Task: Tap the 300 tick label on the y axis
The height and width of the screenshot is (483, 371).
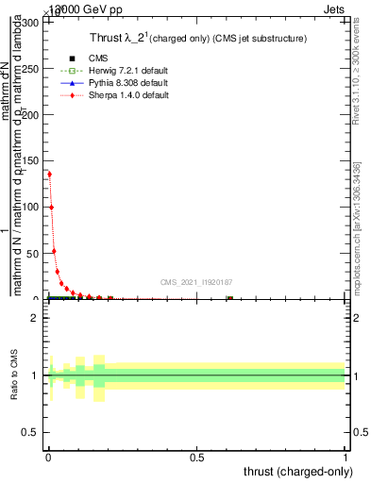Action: (31, 22)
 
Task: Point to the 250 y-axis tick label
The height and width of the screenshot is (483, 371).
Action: (31, 68)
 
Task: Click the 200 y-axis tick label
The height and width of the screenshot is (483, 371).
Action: (31, 114)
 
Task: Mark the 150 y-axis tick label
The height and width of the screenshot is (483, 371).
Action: (31, 160)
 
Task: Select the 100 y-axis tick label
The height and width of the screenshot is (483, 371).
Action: (31, 207)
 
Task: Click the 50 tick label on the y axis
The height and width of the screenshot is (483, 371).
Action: (34, 253)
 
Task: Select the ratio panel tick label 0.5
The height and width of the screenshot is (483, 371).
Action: (31, 434)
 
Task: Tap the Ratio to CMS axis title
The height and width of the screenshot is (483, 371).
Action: (15, 375)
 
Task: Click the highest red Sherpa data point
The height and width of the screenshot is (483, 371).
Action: (49, 174)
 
